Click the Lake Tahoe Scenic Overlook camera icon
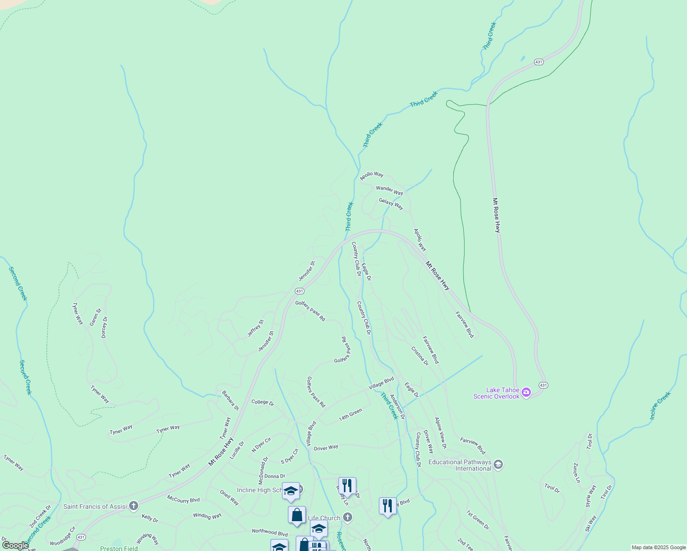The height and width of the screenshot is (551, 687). point(526,393)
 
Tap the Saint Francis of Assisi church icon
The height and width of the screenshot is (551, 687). point(134,506)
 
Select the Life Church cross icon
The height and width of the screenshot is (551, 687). point(347,517)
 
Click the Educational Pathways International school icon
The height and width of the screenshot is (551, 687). point(498,465)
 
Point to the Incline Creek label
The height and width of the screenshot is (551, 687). point(660,405)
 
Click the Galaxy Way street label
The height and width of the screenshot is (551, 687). point(391,203)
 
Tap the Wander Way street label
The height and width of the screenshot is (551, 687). point(389,190)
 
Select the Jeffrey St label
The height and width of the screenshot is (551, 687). point(255,328)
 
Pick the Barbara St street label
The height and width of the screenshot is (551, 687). point(230,400)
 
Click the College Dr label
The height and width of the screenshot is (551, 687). point(262,403)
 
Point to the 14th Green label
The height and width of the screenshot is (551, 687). point(350,415)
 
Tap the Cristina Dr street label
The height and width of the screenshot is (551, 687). point(420,356)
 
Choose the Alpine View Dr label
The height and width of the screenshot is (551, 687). point(440,433)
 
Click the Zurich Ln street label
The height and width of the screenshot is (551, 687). point(576,472)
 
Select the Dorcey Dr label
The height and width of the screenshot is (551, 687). point(104,327)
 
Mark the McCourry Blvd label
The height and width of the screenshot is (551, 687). point(183,499)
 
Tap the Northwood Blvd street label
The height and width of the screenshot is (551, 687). point(270,532)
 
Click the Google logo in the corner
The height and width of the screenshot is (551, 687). point(15,545)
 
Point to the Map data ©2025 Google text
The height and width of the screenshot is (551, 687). point(658,547)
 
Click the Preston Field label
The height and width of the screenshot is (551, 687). point(118,548)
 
